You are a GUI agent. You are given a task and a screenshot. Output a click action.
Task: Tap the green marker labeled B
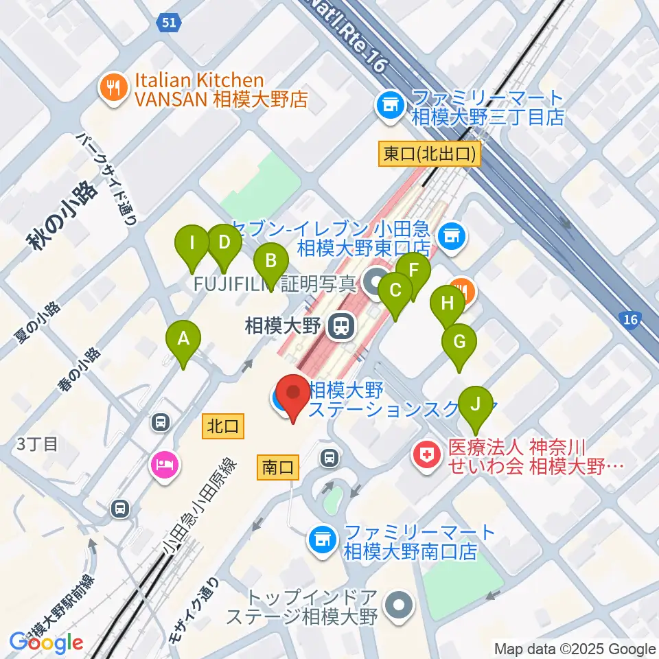coord(271,262)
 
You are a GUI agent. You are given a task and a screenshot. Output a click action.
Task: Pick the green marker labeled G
coord(459,343)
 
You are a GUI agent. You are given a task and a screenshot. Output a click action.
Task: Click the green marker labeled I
coord(193,244)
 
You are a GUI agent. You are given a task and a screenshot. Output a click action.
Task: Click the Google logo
coord(46,643)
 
